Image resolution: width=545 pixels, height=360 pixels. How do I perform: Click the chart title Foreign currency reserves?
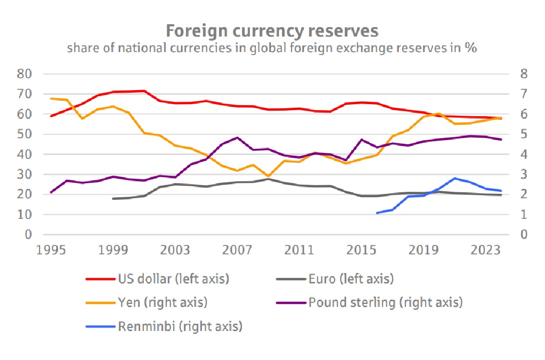272,31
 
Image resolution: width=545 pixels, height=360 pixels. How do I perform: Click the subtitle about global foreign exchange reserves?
272,49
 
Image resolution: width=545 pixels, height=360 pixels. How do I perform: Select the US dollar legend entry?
173,279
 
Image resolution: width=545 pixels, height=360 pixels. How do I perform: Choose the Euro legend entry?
351,279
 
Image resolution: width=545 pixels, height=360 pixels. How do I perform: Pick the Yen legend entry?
163,302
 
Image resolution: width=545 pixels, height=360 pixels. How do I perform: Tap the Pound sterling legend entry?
385,302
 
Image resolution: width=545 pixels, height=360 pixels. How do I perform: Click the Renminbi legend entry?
180,327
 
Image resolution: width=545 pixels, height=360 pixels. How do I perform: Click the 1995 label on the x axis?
52,250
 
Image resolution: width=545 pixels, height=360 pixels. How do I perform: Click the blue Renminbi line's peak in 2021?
454,178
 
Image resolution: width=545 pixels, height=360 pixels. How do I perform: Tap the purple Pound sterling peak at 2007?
237,138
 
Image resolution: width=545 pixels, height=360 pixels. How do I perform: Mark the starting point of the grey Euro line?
114,199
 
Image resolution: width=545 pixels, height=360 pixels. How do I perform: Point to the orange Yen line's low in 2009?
268,176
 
